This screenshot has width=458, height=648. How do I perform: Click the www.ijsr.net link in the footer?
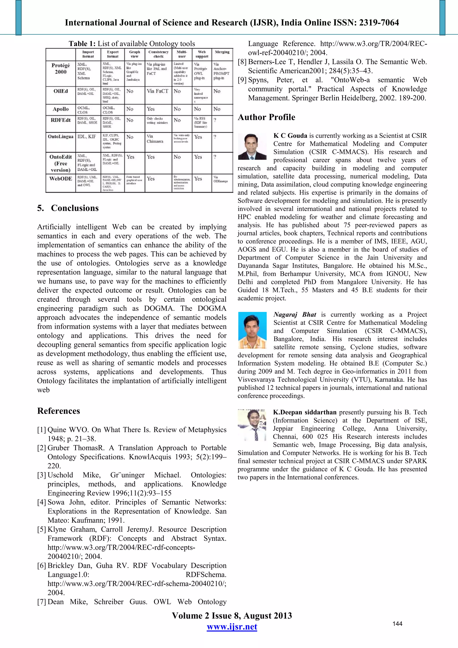coord(232,627)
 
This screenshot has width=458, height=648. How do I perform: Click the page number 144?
coord(397,624)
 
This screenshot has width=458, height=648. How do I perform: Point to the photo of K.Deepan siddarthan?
coord(252,425)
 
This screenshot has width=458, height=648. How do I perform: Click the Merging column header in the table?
coord(222,52)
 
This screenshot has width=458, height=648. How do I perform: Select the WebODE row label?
coord(61,179)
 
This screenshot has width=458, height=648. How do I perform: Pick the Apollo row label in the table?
coord(61,109)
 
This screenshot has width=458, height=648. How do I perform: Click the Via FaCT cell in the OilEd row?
coord(157,91)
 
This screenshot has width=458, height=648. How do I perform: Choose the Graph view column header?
coord(135,54)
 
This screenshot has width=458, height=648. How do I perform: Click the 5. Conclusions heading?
coord(68,208)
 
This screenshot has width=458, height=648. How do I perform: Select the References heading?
coord(59,411)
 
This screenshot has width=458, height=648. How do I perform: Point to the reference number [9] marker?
coord(242,80)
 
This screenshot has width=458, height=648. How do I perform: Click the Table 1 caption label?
coord(82,44)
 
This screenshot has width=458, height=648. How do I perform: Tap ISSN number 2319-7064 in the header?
coord(379,23)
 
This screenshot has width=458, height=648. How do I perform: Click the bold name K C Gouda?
coord(290,136)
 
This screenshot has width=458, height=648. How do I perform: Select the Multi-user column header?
coord(182,54)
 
